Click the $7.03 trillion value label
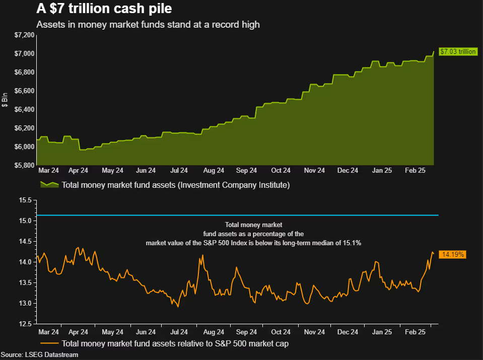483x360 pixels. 457,51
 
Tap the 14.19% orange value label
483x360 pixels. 452,255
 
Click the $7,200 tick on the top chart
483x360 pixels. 25,35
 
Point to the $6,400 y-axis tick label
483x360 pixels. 25,109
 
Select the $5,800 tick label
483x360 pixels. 25,165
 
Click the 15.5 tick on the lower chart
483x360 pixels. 26,200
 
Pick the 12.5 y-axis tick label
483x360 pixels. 26,324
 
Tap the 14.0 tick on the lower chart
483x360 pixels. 26,262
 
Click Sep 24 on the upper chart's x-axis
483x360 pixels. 246,171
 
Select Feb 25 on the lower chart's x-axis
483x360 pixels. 416,332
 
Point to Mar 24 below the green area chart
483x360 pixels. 48,171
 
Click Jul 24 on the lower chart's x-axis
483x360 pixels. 180,332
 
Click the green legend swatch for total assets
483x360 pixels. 49,185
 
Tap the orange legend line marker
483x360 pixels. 49,344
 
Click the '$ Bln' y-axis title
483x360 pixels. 6,100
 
